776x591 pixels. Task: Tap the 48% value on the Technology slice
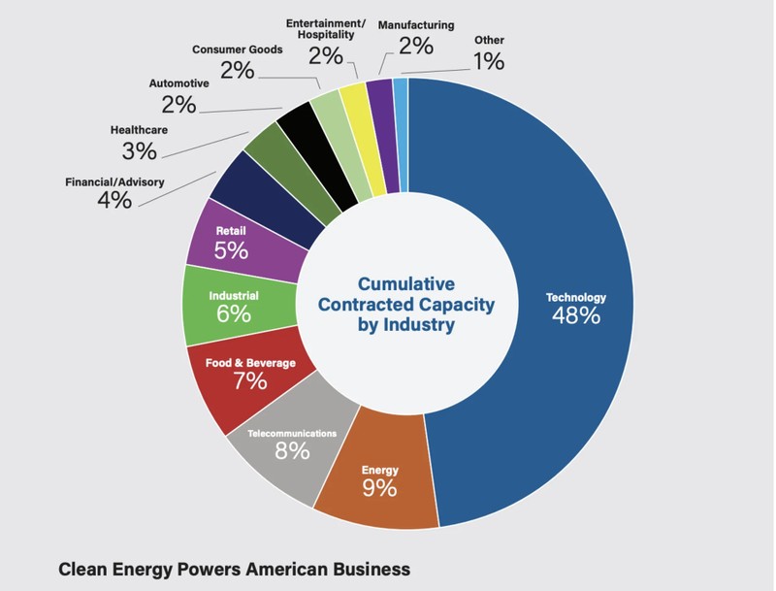click(x=575, y=316)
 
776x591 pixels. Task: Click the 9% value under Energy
click(x=379, y=488)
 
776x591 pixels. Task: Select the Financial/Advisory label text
click(x=114, y=181)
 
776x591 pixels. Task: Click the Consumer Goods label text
click(x=238, y=49)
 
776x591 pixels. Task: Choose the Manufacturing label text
click(x=416, y=23)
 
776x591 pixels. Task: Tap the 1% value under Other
click(x=489, y=62)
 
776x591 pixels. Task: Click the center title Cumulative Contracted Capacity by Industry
click(x=406, y=304)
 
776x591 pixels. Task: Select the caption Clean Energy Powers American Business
click(x=235, y=569)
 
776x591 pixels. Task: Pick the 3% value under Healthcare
click(x=140, y=150)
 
